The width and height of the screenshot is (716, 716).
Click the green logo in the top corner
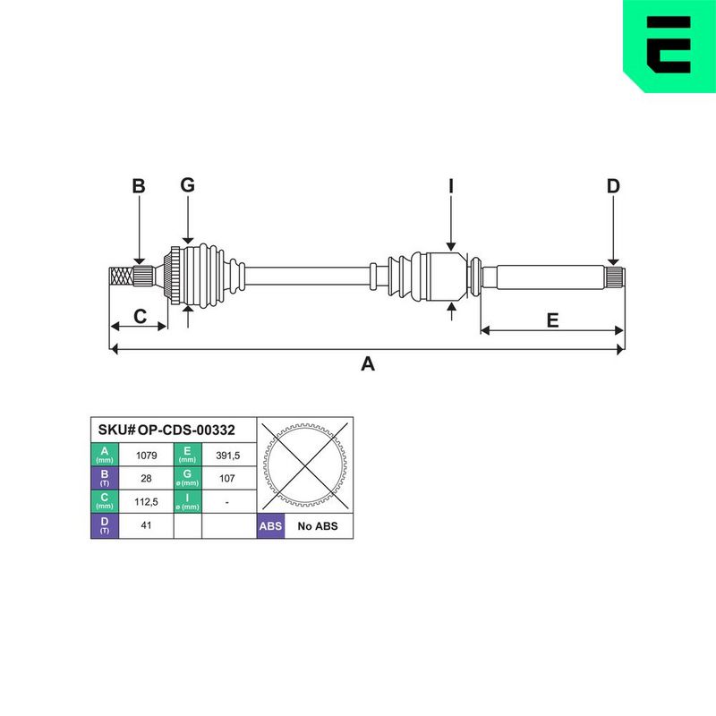point(669,46)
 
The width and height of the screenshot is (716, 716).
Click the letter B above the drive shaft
point(139,186)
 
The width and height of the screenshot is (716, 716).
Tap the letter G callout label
point(187,185)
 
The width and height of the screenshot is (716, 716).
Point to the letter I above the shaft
point(451,186)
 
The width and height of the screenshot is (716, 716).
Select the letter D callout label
point(613,186)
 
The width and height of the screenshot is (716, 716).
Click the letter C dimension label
point(140,316)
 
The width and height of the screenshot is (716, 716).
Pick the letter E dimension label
point(552,320)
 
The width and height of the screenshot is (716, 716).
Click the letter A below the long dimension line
point(368,364)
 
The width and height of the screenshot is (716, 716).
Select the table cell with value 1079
point(146,456)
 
